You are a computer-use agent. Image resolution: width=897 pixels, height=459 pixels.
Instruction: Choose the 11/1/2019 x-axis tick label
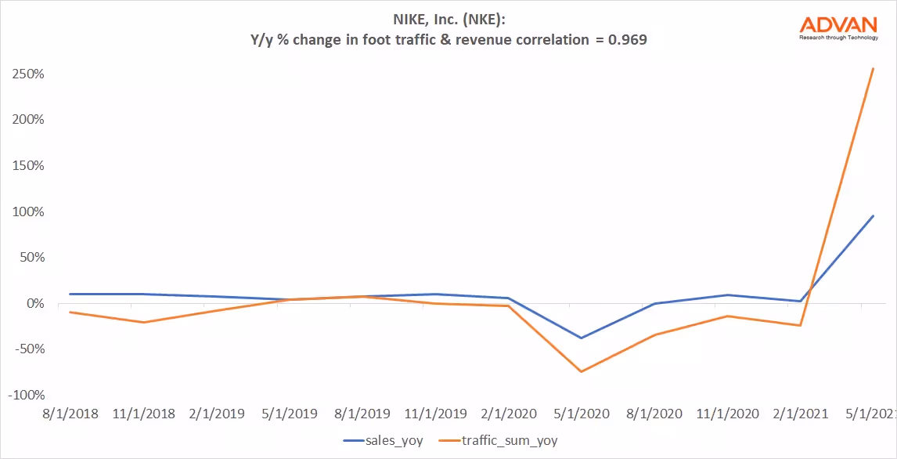pos(434,414)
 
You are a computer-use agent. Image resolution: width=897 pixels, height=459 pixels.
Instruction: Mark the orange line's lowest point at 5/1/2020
pos(580,371)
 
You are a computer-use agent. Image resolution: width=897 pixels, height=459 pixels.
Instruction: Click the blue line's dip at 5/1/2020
pos(580,338)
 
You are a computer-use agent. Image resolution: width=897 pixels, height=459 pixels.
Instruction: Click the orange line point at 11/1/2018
pos(142,322)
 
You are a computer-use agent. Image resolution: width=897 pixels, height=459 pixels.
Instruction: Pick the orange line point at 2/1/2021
pos(800,325)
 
